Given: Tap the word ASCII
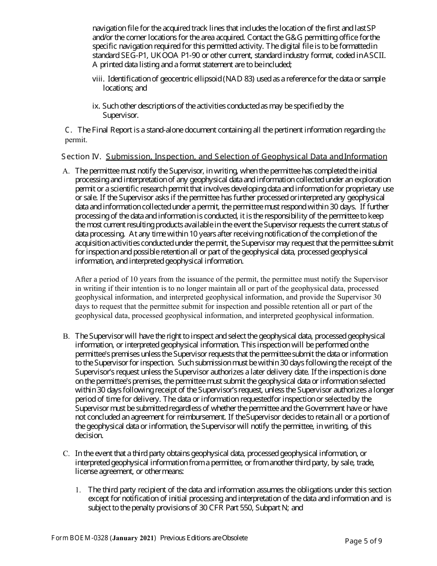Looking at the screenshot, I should pos(374,55).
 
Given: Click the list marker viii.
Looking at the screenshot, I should pos(98,79).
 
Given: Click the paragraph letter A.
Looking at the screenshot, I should pos(66,171).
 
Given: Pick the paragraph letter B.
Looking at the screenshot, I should pos(66,336).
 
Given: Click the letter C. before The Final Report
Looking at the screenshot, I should pos(69,130).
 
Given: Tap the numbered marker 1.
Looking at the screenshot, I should pos(78,490).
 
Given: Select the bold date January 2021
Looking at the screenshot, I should pos(133,538).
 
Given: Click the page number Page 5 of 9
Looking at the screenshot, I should pos(363,541).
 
